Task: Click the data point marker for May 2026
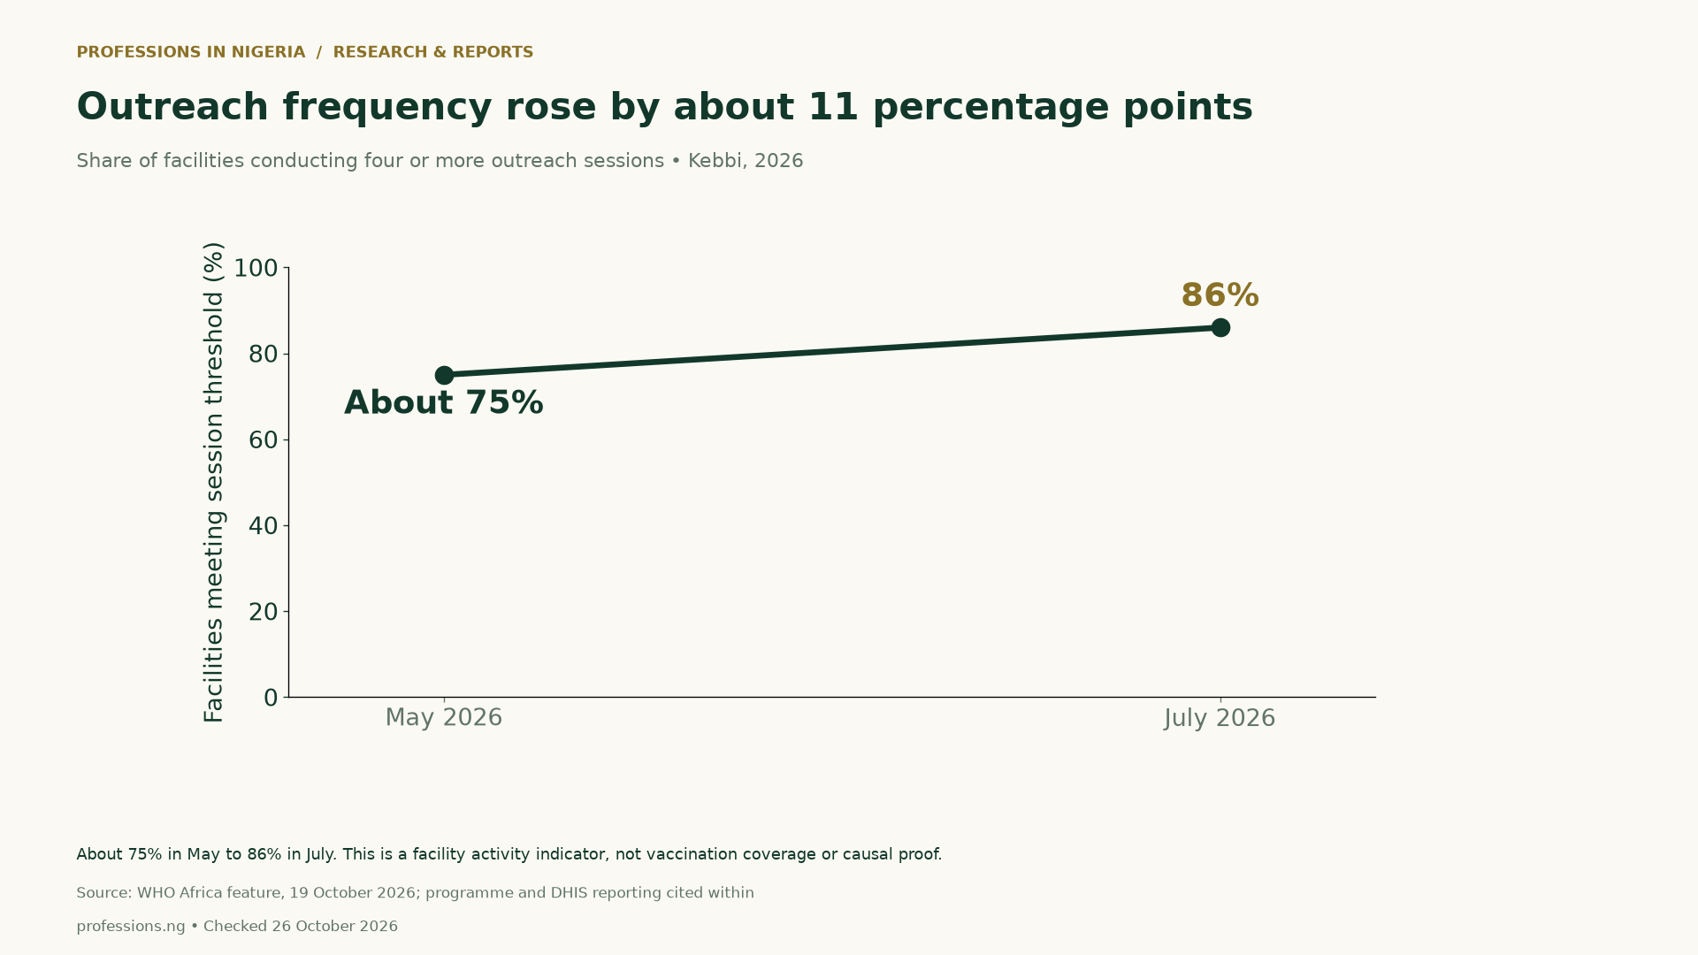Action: (444, 376)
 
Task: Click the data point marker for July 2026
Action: (1220, 328)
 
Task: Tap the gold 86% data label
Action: (1220, 295)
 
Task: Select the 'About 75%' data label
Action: (443, 403)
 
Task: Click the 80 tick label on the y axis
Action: (264, 355)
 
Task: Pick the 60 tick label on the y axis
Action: (264, 440)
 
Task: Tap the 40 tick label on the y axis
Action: (264, 526)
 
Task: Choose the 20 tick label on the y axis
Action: (264, 612)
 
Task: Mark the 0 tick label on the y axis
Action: (271, 698)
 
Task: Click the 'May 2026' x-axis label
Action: (444, 718)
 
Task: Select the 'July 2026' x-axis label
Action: (1220, 718)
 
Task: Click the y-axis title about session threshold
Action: (214, 482)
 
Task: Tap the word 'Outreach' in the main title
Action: (172, 107)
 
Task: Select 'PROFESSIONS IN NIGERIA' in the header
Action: (191, 52)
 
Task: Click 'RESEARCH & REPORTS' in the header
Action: (433, 52)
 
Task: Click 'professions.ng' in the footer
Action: (131, 927)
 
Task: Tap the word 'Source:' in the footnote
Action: (104, 893)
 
